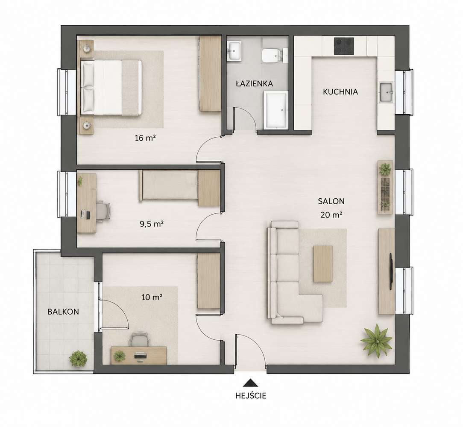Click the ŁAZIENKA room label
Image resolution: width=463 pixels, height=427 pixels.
(254, 83)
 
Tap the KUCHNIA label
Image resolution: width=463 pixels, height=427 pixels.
(340, 92)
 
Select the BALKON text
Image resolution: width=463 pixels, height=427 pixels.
(63, 312)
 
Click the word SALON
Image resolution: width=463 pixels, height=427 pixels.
(331, 201)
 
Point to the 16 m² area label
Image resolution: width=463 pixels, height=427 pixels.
(145, 138)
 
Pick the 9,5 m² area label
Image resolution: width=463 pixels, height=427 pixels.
(152, 224)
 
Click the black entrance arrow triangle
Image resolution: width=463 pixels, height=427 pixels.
(250, 383)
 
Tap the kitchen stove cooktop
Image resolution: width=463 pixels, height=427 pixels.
(344, 46)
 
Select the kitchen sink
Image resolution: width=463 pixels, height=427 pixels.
(386, 92)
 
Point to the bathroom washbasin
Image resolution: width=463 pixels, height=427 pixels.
(234, 51)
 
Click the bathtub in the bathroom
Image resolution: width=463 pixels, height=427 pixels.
(275, 109)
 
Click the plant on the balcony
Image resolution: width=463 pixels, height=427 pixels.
(78, 359)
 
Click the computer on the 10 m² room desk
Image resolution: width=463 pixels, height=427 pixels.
(140, 356)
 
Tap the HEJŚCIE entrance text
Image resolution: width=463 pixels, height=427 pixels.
(251, 395)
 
